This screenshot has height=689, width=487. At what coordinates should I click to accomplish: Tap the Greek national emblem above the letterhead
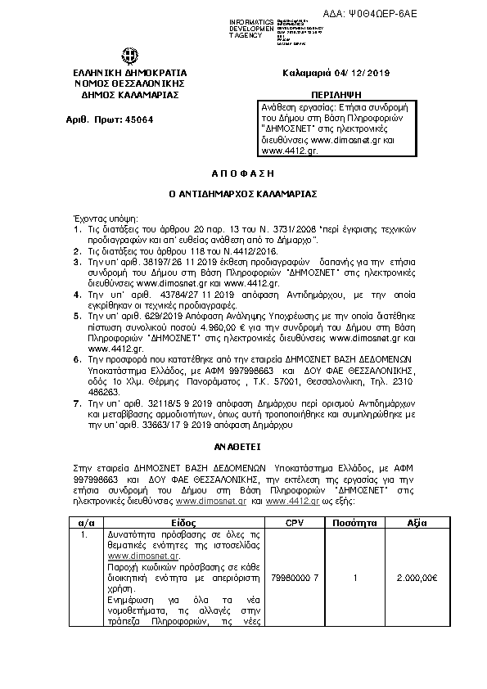[130, 56]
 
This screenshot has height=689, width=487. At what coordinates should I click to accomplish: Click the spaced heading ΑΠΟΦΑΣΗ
[242, 175]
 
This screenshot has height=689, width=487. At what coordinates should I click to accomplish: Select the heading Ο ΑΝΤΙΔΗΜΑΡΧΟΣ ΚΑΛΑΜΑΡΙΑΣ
[242, 196]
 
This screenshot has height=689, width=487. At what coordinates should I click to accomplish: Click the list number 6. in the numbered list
[77, 382]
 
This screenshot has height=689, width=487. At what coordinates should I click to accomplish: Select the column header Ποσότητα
[354, 521]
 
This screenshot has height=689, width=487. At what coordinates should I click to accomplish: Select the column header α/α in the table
[87, 521]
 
